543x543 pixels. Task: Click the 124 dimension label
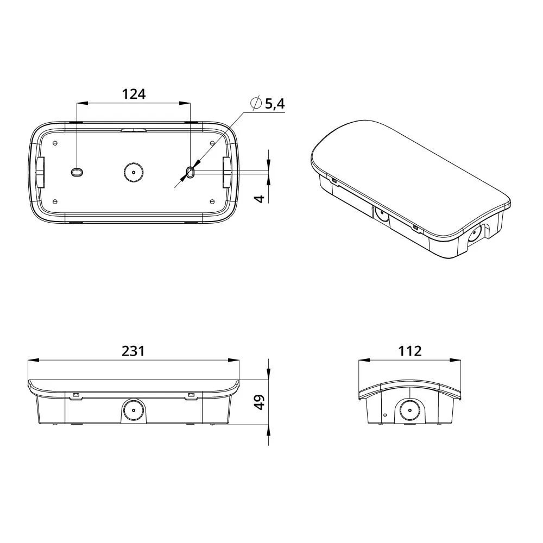134,94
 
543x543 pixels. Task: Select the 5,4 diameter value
275,104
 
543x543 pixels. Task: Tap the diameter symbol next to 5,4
256,103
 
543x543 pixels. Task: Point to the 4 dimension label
260,199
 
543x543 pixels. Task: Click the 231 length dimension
134,351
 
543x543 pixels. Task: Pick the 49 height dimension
260,402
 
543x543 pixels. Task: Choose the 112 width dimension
409,351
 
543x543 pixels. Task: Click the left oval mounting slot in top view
77,172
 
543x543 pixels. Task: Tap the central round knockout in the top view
134,172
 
